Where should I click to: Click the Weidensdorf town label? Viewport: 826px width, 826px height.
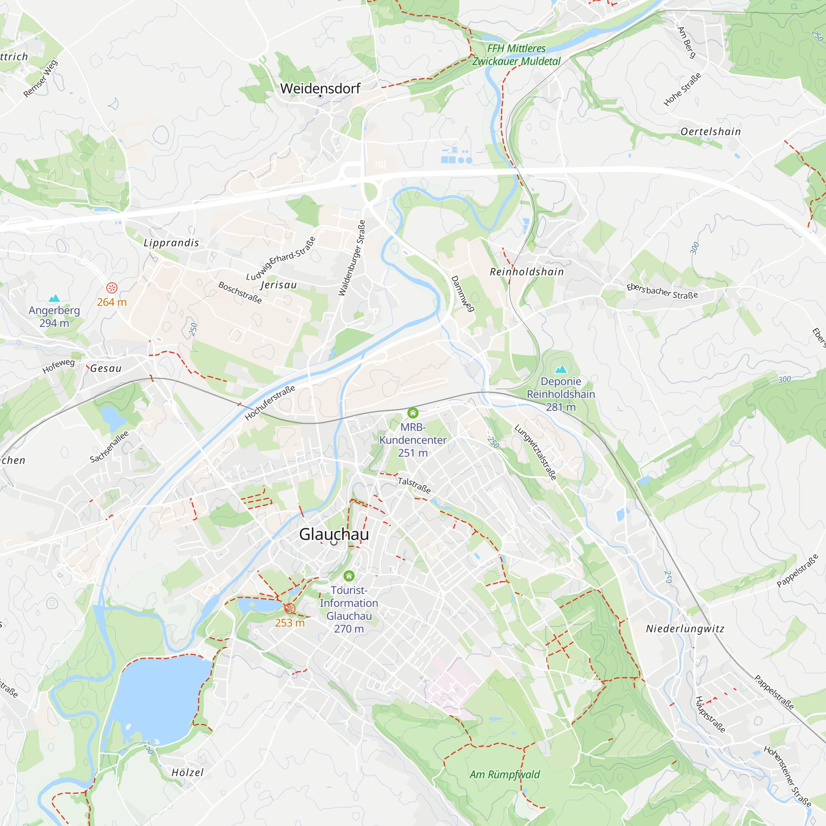pyautogui.click(x=320, y=88)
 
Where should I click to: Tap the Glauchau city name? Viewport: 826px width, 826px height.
pyautogui.click(x=334, y=534)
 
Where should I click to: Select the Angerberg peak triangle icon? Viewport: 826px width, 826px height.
pyautogui.click(x=54, y=298)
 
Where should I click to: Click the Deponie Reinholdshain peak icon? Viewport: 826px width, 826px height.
pyautogui.click(x=560, y=369)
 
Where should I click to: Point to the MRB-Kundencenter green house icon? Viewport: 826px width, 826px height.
pyautogui.click(x=413, y=413)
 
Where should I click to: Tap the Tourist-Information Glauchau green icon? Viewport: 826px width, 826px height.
pyautogui.click(x=349, y=576)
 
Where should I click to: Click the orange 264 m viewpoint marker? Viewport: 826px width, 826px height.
pyautogui.click(x=112, y=288)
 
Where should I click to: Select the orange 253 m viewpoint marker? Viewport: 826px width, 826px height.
pyautogui.click(x=290, y=608)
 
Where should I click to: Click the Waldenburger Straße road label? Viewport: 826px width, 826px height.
pyautogui.click(x=352, y=258)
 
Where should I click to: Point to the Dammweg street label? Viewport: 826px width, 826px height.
pyautogui.click(x=463, y=294)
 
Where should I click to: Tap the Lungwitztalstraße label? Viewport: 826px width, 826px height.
pyautogui.click(x=535, y=452)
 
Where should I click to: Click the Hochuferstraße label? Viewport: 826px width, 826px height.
pyautogui.click(x=270, y=403)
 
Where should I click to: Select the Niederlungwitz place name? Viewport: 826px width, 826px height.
pyautogui.click(x=685, y=629)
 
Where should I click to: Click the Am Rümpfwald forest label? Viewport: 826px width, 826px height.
pyautogui.click(x=505, y=775)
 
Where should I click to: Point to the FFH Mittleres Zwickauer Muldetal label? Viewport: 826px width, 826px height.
pyautogui.click(x=516, y=55)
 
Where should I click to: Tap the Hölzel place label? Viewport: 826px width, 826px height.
pyautogui.click(x=187, y=773)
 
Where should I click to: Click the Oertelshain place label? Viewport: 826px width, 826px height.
pyautogui.click(x=710, y=132)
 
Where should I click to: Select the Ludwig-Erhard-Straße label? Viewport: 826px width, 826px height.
pyautogui.click(x=281, y=259)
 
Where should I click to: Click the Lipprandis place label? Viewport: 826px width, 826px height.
pyautogui.click(x=171, y=243)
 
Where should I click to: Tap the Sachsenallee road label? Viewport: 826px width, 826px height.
pyautogui.click(x=109, y=447)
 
